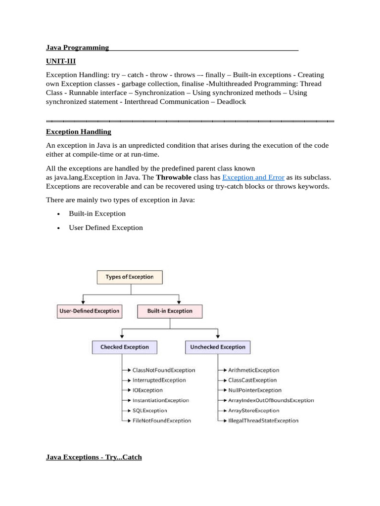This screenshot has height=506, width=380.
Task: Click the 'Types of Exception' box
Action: pos(129,277)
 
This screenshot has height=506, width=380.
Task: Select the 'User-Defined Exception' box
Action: pos(89,311)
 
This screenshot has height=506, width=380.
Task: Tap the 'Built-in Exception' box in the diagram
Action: pos(170,311)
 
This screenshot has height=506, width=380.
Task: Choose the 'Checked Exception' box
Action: pos(125,347)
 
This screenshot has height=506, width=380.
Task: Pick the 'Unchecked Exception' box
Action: pos(218,347)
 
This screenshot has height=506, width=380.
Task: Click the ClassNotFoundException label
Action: pos(164,370)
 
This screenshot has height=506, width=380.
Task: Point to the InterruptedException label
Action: pos(159,380)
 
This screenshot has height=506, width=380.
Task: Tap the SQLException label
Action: pos(150,411)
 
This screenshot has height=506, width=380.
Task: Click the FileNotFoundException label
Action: pos(162,421)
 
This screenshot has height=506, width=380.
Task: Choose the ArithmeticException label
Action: pos(254,370)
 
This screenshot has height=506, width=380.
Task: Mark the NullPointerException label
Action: pos(255,390)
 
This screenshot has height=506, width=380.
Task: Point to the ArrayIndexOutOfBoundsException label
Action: pos(271,400)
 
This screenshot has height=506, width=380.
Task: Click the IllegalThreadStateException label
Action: pos(263,421)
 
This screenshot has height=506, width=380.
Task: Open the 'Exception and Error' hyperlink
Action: pos(253,177)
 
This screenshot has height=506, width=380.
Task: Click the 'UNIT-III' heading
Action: pos(61,61)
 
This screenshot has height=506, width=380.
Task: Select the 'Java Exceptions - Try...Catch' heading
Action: pos(94,457)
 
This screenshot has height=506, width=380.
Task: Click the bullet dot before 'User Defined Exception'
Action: pos(58,228)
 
